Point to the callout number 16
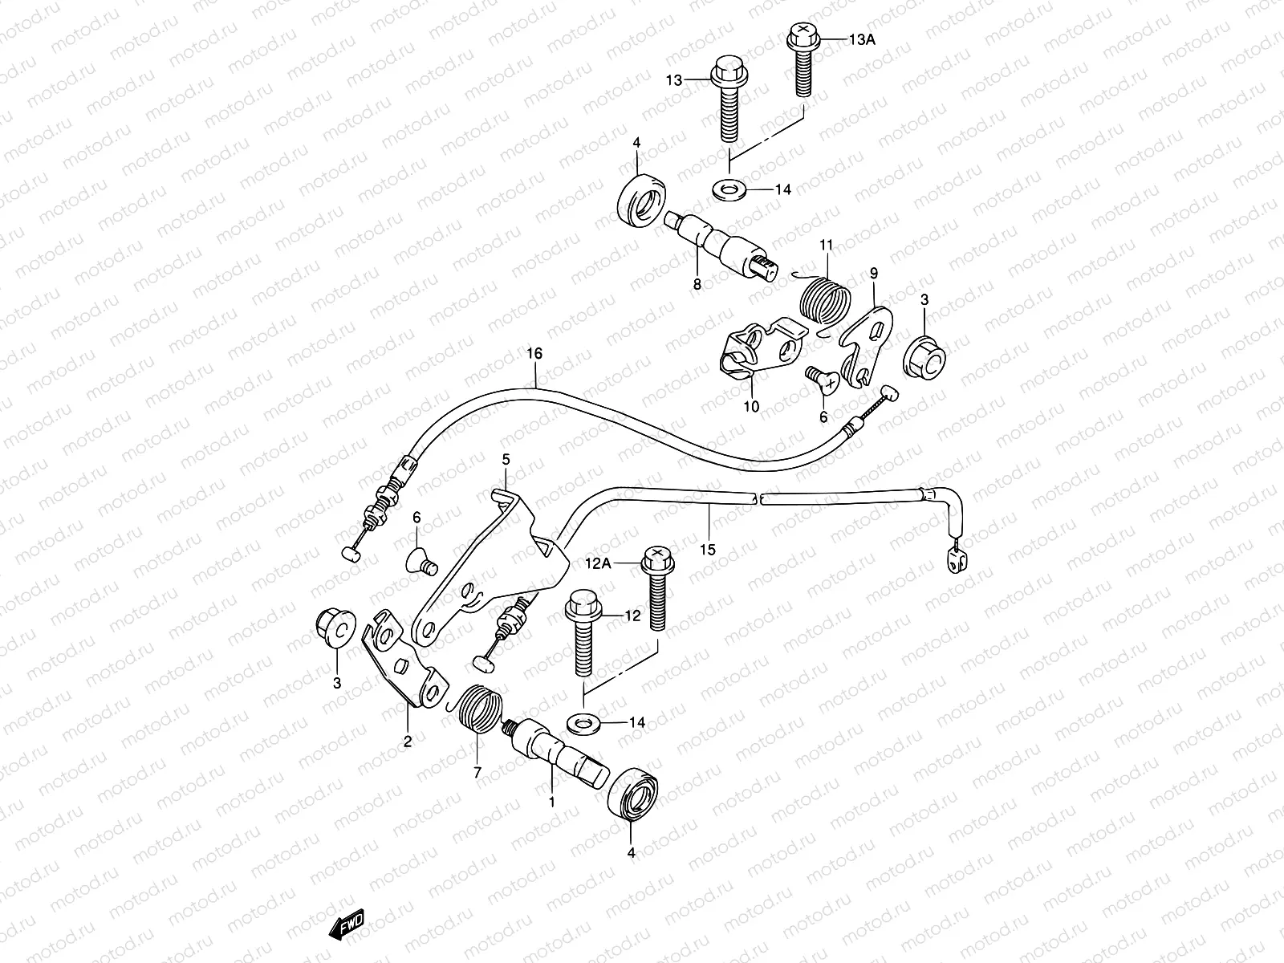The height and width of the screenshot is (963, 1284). [534, 354]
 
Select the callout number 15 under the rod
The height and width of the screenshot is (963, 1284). [707, 551]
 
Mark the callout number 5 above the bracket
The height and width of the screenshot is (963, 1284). [506, 460]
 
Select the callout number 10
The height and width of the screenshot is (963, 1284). [751, 407]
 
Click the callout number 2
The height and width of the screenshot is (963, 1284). [407, 742]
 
